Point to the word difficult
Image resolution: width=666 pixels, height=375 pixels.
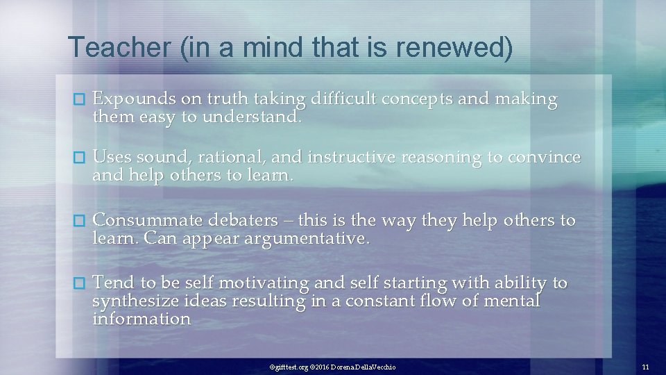click(344, 99)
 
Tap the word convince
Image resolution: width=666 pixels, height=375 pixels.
click(545, 158)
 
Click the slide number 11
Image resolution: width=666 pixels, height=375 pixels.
click(645, 366)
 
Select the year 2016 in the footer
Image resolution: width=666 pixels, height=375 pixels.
click(320, 366)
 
